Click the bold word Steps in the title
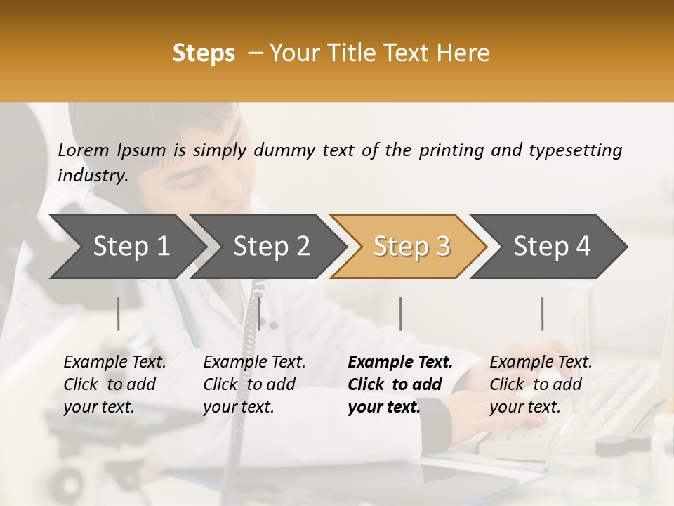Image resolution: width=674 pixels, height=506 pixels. pos(204,53)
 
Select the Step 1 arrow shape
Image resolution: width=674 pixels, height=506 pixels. pos(126,247)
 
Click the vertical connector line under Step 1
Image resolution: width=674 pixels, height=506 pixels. pos(119,313)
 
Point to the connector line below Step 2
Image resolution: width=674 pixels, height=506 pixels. pos(259,313)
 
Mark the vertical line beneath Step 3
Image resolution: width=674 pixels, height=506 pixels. pos(400,313)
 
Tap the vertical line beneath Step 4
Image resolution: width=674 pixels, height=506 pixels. pos(542,313)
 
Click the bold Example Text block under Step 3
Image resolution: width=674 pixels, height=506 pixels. pos(400,384)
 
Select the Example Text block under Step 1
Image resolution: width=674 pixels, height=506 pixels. pos(114,384)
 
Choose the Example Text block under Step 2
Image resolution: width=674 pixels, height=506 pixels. pos(254,384)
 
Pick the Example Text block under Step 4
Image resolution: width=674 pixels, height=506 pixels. pos(541,384)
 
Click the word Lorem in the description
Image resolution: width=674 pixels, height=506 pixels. pos(84,150)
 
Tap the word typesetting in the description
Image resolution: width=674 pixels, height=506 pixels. pos(575,150)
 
